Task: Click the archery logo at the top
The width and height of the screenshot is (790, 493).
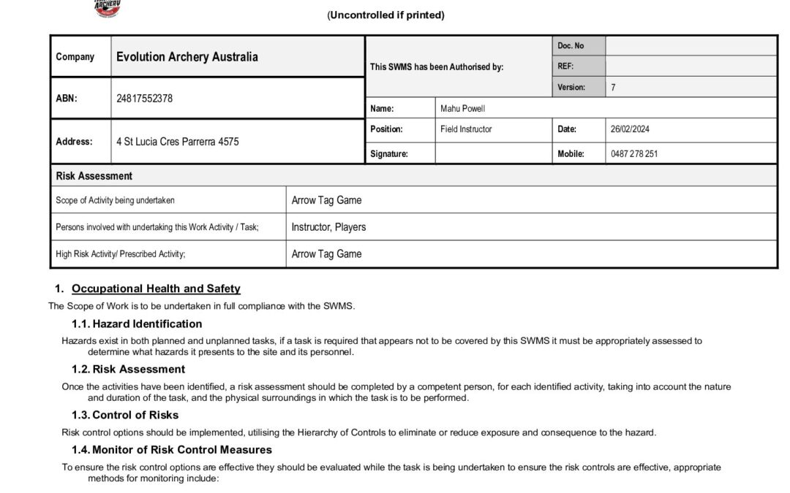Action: [107, 8]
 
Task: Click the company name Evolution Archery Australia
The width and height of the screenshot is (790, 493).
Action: [187, 57]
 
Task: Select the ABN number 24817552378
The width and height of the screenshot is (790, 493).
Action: [144, 99]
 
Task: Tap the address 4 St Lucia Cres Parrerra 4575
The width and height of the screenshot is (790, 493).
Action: [177, 142]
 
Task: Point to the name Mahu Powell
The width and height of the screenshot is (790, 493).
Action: [462, 109]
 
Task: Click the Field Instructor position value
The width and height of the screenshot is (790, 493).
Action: [466, 129]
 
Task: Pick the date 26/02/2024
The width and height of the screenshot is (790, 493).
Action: [630, 129]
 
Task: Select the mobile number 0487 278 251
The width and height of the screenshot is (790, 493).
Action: [633, 154]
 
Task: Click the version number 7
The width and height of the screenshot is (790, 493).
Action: [613, 88]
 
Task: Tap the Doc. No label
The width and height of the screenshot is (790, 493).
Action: [571, 46]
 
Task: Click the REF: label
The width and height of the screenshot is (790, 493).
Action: [565, 66]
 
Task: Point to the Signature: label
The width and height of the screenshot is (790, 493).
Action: [389, 154]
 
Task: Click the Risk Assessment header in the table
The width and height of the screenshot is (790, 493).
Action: [94, 176]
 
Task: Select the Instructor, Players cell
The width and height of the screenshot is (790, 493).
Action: [328, 227]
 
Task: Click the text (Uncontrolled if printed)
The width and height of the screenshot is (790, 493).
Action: [385, 15]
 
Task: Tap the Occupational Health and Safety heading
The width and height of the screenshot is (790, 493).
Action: [156, 288]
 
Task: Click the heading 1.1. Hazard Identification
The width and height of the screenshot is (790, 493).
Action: [137, 324]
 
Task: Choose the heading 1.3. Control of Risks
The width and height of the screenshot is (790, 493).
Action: [125, 415]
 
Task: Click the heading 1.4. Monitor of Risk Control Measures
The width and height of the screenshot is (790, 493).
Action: [172, 450]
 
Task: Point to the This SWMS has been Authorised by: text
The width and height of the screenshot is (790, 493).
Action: [437, 67]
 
